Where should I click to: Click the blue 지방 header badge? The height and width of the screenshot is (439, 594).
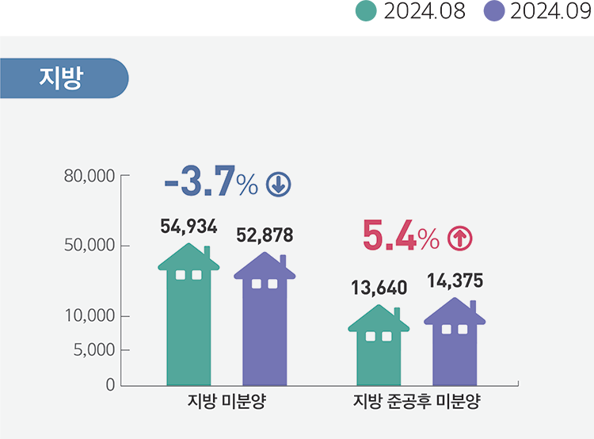coord(62,78)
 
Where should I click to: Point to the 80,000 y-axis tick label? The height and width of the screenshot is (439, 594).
coord(90,175)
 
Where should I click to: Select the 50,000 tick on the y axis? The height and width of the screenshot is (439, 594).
coord(90,245)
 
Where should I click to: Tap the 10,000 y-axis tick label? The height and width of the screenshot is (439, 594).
coord(90,316)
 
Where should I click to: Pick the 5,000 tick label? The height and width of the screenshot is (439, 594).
coord(94,349)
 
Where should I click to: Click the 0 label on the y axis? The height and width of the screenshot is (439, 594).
coord(109,385)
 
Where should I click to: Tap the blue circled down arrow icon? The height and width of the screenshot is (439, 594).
coord(279,185)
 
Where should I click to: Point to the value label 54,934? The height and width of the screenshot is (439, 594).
coord(188,227)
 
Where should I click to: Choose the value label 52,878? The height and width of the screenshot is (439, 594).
coord(265,235)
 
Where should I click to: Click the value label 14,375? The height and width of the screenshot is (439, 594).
coord(455,281)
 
